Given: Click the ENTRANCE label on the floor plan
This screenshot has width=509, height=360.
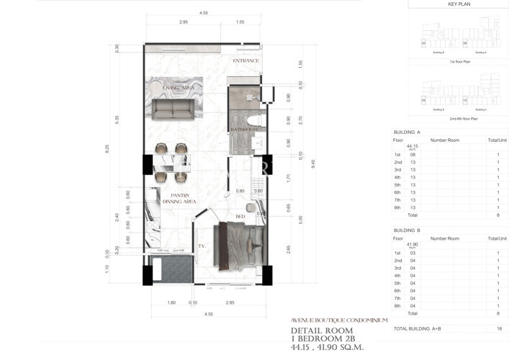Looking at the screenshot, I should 246,61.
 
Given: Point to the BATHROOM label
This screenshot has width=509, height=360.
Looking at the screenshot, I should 244,130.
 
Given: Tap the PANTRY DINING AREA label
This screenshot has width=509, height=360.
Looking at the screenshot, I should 179,199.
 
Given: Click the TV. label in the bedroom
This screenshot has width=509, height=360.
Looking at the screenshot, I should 203,246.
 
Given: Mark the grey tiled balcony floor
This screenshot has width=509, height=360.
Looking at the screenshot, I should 174,271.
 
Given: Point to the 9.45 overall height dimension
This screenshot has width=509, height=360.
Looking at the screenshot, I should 292,163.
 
